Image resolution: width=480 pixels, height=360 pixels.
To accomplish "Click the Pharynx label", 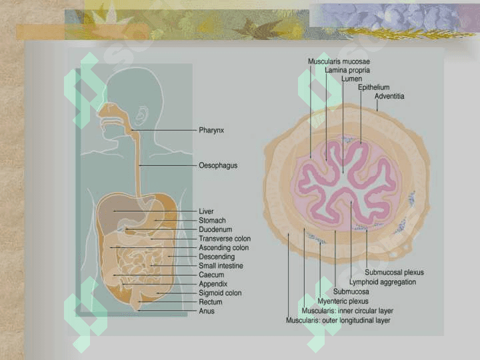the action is coord(211,131).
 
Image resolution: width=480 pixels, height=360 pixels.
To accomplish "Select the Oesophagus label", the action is coord(218,165).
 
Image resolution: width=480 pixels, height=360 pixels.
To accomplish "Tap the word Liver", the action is coord(206,211).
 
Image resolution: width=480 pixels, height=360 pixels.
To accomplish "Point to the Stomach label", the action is coord(212,221).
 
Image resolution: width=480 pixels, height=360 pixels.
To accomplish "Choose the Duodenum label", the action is coord(215,229).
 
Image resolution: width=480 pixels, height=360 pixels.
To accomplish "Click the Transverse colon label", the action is coord(225,239).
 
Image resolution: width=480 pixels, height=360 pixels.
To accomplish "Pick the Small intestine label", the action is coord(221,266).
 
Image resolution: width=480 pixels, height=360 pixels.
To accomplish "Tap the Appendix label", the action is coord(213,284).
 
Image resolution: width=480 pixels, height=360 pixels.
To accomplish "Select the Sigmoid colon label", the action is coord(220,293).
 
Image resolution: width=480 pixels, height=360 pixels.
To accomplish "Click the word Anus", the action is coord(206,311).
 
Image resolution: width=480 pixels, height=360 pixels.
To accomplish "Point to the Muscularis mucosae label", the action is coord(339,61).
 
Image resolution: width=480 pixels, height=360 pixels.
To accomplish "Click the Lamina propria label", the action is coord(347,71).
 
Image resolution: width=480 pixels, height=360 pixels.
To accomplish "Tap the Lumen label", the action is coord(351,79).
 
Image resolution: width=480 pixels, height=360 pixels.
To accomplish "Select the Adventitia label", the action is coord(389,96).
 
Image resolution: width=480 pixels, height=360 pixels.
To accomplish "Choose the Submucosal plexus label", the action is coord(394,273).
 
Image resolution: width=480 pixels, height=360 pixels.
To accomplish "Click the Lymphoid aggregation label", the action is coord(383,282).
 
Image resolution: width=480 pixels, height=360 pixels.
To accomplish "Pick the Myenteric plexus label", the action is coord(343,301).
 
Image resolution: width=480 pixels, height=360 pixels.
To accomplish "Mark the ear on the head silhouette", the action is coord(142,116).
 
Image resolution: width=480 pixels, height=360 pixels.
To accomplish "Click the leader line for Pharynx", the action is coord(164,131).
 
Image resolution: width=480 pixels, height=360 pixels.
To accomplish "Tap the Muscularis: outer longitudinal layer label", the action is coord(338,321).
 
